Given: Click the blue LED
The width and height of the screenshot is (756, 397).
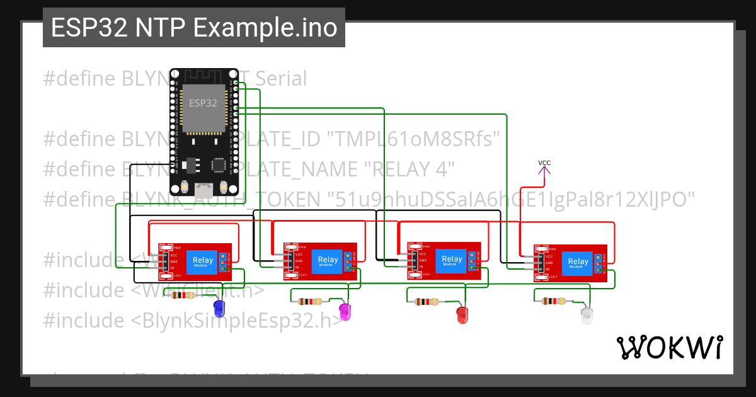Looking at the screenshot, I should (219, 308).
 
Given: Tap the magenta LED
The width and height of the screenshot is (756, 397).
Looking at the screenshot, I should (345, 310).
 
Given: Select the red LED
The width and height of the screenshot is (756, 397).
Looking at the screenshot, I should (463, 316).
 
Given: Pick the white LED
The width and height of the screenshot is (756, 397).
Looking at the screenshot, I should (587, 316).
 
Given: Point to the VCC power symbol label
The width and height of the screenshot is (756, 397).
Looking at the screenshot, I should (544, 163).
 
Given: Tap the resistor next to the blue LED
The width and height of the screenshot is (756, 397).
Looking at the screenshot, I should (183, 295).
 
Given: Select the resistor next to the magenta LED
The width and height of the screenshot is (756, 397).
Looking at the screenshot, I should (309, 301).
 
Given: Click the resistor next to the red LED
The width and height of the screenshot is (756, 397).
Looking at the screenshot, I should (427, 302).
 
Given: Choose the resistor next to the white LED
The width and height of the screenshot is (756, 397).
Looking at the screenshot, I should (553, 302).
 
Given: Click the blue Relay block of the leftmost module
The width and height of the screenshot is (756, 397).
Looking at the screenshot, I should (203, 261).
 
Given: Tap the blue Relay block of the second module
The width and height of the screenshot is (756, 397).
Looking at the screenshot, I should (328, 261).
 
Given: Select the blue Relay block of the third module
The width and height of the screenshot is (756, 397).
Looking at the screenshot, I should (452, 260).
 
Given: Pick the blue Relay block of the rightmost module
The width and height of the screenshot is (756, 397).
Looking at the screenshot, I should (578, 263).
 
